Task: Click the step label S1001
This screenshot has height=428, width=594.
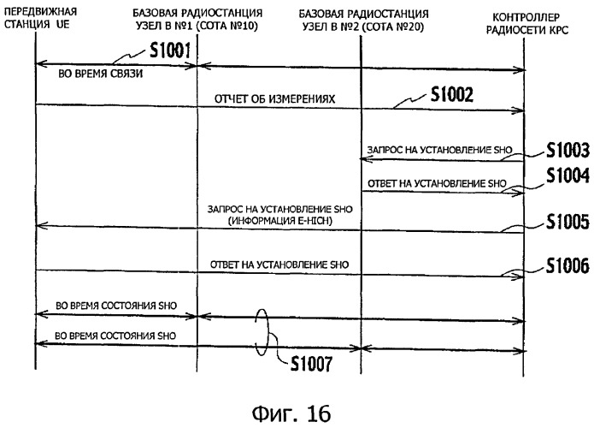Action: coord(170,51)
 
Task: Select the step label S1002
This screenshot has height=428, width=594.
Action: coord(452,94)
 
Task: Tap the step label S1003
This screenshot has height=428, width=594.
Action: coord(568,151)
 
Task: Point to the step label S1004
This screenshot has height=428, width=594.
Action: coord(568,175)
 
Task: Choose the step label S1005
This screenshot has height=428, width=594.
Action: coord(568,222)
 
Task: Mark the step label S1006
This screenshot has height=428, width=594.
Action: coord(568,265)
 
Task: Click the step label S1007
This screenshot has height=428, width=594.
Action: coord(311,364)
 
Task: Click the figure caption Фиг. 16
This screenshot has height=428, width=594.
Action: coord(291,413)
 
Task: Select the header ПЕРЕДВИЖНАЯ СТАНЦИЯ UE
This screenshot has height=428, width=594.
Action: coord(40,18)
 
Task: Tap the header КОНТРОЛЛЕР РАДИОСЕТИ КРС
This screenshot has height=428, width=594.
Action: coord(527,23)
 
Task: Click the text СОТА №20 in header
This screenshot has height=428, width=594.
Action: coord(394,27)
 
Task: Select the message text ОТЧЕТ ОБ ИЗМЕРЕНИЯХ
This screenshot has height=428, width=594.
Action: coord(274,99)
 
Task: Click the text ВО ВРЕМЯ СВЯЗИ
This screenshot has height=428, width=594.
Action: coord(100,74)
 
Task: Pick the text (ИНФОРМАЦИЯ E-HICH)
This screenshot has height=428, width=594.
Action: coord(280,221)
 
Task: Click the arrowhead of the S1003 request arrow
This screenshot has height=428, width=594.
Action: coord(365,159)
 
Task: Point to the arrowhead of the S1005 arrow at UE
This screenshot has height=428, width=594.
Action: coord(41,226)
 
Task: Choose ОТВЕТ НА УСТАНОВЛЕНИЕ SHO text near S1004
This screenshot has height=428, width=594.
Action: coord(437,184)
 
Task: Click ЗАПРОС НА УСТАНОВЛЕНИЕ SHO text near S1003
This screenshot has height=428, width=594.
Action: coord(439,150)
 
